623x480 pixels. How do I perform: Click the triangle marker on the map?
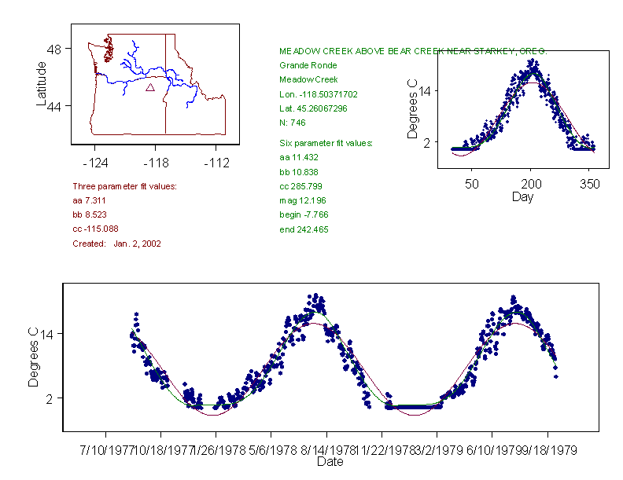[x=150, y=87]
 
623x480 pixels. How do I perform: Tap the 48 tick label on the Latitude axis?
[x=54, y=49]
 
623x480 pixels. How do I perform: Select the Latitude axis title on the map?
[x=42, y=84]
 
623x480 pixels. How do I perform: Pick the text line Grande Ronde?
[x=308, y=65]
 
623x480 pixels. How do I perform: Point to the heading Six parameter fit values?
[x=326, y=143]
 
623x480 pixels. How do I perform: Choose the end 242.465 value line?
[x=304, y=229]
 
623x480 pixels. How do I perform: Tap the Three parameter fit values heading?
[x=124, y=186]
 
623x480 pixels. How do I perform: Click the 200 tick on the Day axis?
[x=531, y=184]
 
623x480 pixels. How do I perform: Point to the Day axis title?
[x=522, y=196]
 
